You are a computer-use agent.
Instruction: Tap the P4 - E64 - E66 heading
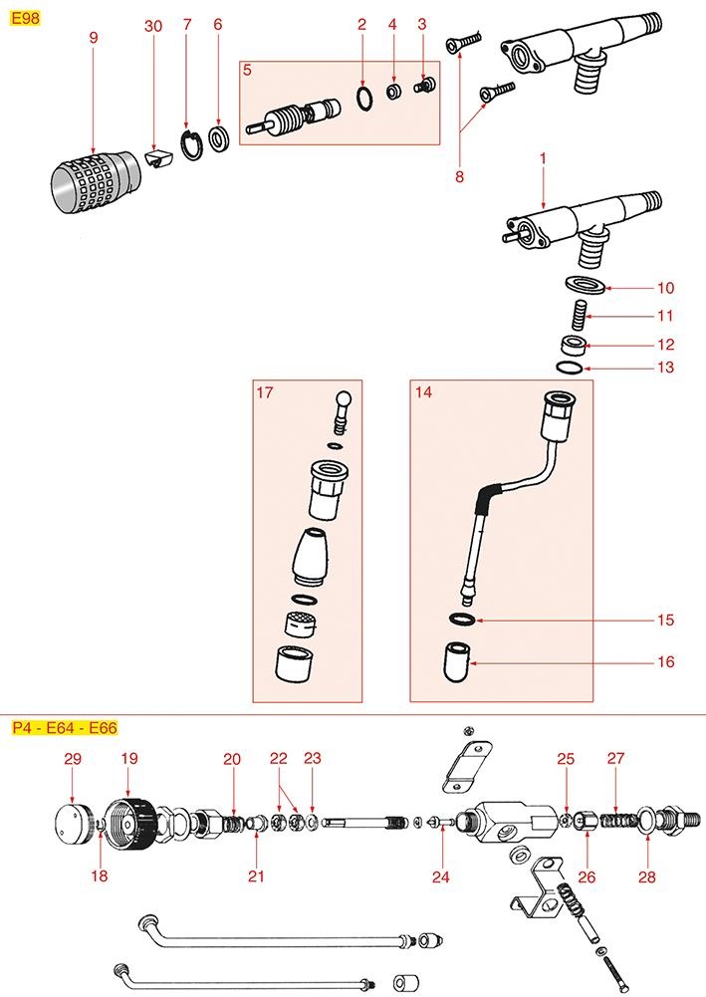[64, 727]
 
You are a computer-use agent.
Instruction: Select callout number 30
[152, 27]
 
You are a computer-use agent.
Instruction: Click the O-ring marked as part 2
[365, 98]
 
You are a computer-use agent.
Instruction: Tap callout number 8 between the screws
[459, 177]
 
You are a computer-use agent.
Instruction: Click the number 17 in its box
[265, 393]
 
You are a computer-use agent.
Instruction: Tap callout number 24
[441, 876]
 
